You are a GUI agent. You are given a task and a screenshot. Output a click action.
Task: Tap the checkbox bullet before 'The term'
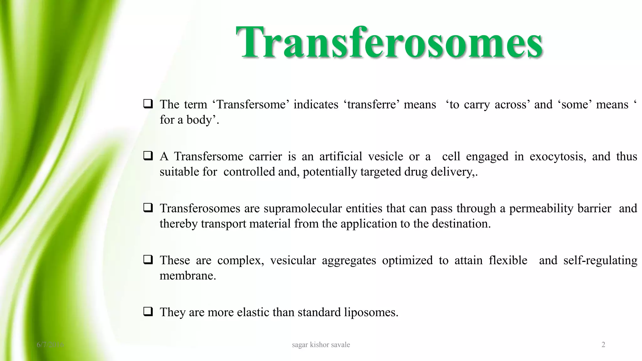point(148,104)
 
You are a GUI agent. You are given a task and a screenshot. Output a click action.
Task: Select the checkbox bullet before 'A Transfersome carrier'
point(148,156)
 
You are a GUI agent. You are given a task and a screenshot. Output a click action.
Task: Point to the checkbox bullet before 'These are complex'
point(148,260)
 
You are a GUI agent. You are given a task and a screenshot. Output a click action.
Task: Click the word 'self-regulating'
point(600,260)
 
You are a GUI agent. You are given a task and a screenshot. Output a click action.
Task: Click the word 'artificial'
point(341,156)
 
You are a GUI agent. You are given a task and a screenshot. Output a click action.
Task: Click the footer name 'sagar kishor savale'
point(321,345)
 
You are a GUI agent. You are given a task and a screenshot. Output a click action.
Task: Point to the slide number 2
point(603,345)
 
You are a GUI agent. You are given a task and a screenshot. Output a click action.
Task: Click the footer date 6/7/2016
point(50,345)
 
